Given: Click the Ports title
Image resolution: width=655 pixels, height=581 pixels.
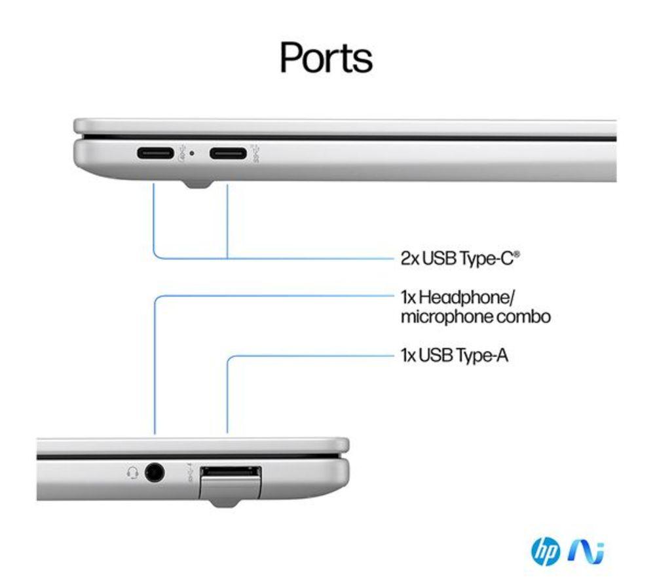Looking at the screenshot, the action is click(x=326, y=58).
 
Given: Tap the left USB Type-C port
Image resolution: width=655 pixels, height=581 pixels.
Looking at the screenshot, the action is click(x=155, y=153).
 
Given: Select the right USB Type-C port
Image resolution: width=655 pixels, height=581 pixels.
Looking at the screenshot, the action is click(x=228, y=153).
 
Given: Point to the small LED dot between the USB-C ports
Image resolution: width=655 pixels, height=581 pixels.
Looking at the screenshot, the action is click(x=192, y=153).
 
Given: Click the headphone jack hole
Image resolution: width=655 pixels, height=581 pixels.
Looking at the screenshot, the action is click(x=155, y=473).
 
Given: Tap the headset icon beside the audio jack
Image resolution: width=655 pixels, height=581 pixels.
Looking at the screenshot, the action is click(x=132, y=473).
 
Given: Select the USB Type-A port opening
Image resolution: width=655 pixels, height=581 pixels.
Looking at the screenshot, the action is click(x=231, y=472).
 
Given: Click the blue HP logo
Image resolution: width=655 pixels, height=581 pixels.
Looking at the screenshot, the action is click(x=546, y=552).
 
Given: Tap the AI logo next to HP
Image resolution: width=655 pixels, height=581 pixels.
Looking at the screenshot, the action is click(x=586, y=552).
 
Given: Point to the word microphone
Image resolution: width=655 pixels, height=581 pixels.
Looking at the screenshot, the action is click(x=440, y=316).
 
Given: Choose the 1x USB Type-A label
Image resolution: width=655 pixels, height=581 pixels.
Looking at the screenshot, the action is click(x=455, y=356).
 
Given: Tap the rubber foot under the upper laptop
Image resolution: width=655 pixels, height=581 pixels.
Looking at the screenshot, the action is click(x=198, y=184).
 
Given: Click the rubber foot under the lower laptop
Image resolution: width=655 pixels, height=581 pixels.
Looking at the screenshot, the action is click(x=226, y=503).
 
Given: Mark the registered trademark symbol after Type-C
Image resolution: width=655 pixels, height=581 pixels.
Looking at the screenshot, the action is click(x=517, y=253).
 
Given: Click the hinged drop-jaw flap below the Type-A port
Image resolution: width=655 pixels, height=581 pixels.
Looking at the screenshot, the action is click(x=230, y=488).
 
